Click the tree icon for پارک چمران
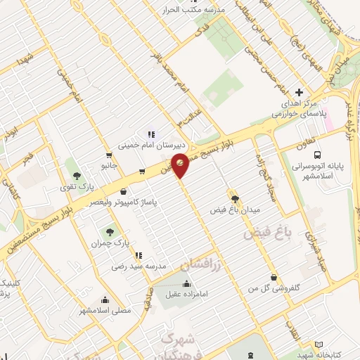(x=109, y=231)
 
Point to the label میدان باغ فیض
(x=236, y=210)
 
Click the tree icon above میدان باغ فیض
(x=235, y=198)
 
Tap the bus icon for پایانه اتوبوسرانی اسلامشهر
(x=318, y=154)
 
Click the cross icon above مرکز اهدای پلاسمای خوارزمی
(x=299, y=92)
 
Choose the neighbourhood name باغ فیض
(x=266, y=233)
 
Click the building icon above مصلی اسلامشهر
(x=105, y=300)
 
